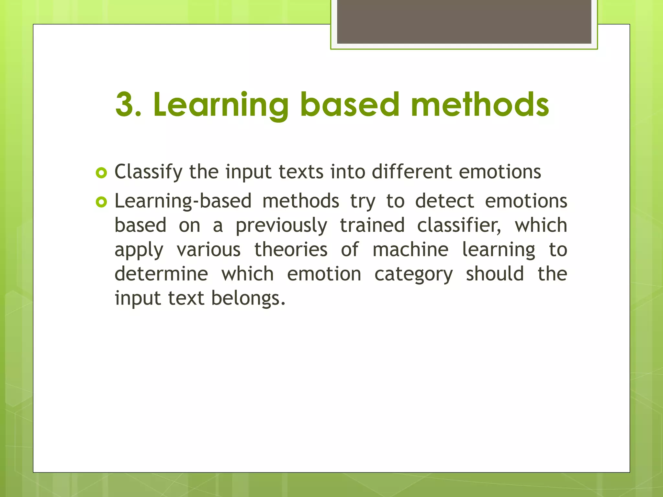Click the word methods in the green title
tap(480, 104)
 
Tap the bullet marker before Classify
tap(101, 173)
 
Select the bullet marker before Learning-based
tap(101, 203)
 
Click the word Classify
tap(149, 172)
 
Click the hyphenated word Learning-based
tap(183, 201)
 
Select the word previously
tap(281, 226)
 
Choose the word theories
tap(291, 249)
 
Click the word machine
tap(410, 249)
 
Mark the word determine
tap(161, 274)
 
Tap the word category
tap(413, 274)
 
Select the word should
tap(495, 274)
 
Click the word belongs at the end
tap(248, 298)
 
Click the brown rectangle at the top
tap(464, 22)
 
